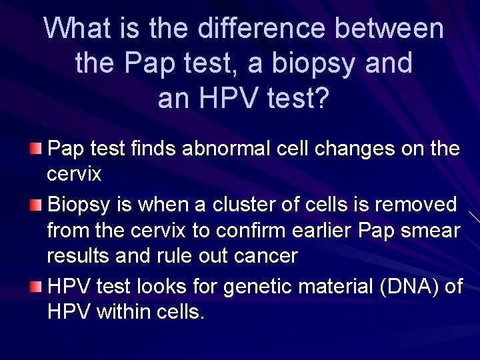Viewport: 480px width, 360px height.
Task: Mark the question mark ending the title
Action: [x=321, y=98]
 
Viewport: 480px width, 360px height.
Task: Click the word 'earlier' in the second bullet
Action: [x=323, y=231]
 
